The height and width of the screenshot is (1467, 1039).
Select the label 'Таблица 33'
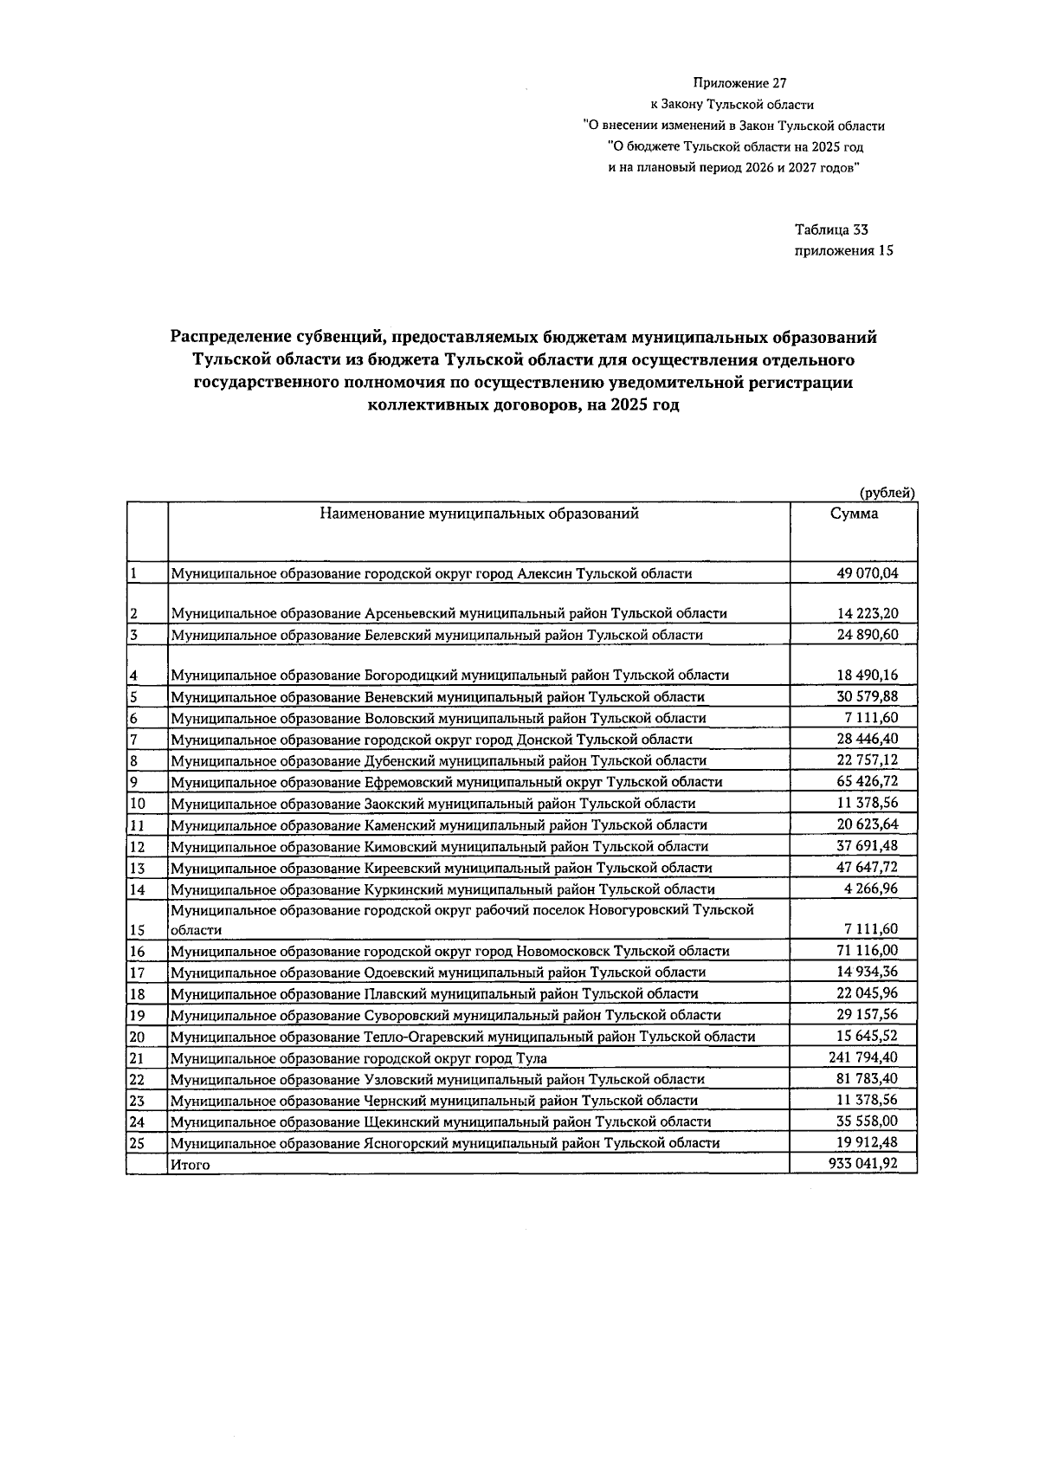click(x=830, y=230)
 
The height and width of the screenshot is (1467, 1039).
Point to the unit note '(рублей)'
click(x=887, y=493)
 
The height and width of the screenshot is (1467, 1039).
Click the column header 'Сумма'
click(x=853, y=514)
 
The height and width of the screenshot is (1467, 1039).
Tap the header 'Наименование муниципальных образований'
click(x=479, y=514)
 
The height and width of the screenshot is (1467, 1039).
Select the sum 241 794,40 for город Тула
click(x=862, y=1057)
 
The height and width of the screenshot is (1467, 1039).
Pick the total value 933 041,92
click(x=862, y=1164)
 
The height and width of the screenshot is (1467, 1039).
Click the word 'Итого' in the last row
click(x=190, y=1165)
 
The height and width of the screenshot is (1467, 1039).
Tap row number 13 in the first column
click(x=137, y=868)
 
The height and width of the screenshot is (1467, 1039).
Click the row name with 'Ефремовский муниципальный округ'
click(x=446, y=782)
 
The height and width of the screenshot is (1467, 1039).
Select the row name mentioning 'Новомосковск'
click(x=449, y=951)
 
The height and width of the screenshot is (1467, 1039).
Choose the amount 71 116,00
click(x=867, y=951)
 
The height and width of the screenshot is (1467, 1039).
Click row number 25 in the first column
click(x=137, y=1143)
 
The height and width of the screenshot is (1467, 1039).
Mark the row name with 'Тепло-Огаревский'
click(x=462, y=1037)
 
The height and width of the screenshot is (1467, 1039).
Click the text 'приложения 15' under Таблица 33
click(x=843, y=251)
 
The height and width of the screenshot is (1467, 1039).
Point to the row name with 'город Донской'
click(x=431, y=740)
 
